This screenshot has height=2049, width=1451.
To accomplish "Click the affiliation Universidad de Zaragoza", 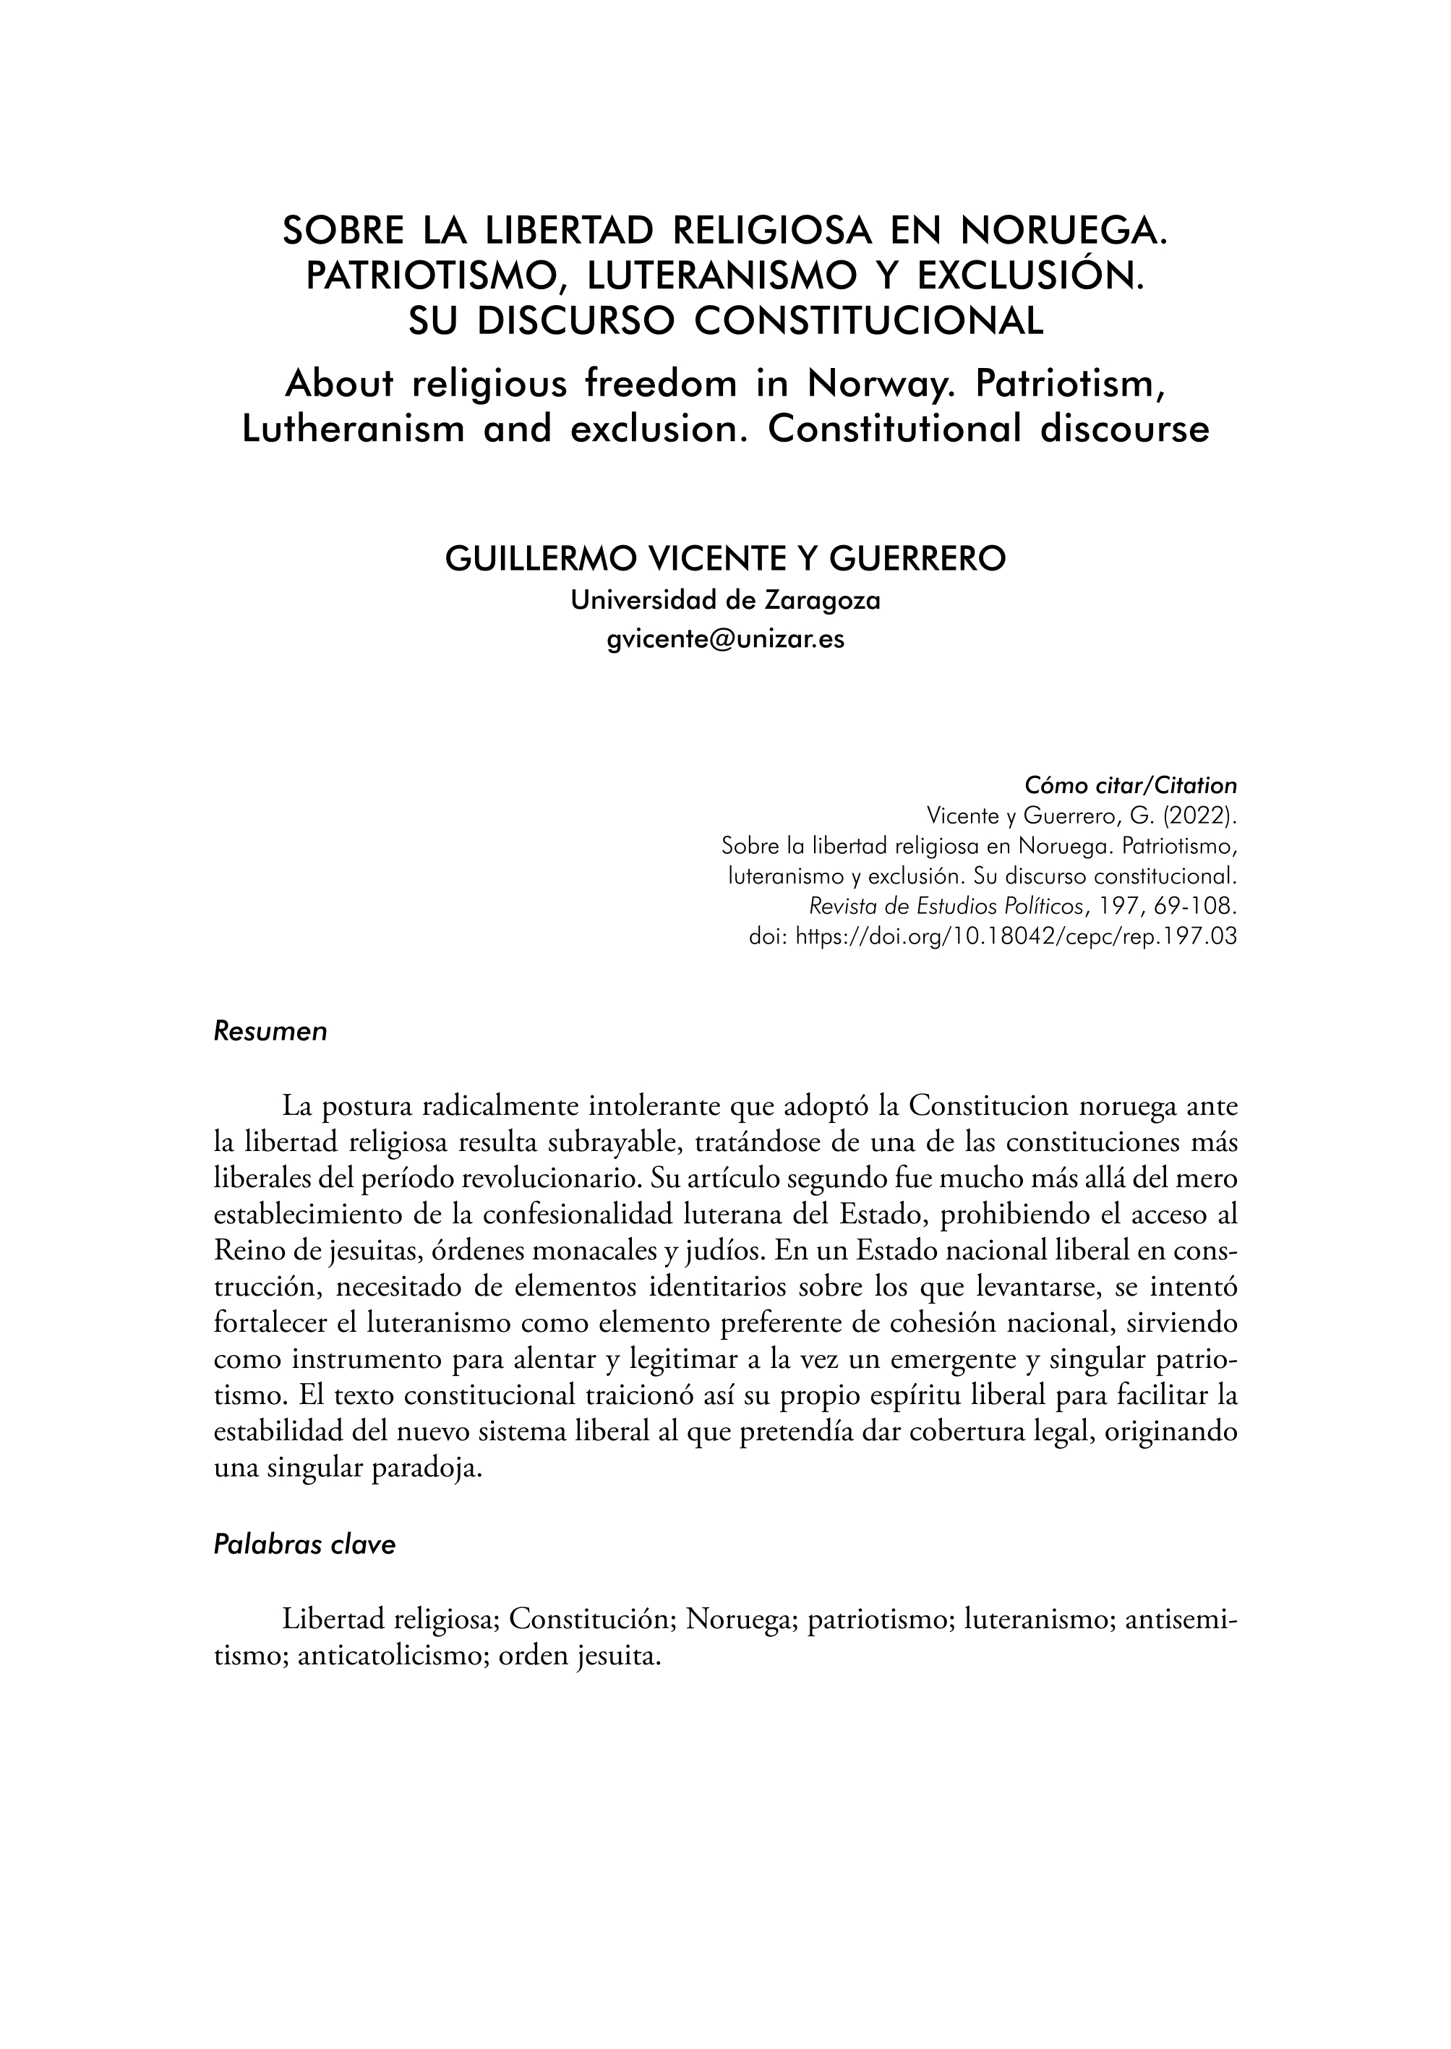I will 724,601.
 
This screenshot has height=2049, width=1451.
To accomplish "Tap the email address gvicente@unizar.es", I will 724,640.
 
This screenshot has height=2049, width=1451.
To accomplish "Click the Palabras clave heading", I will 304,1545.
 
